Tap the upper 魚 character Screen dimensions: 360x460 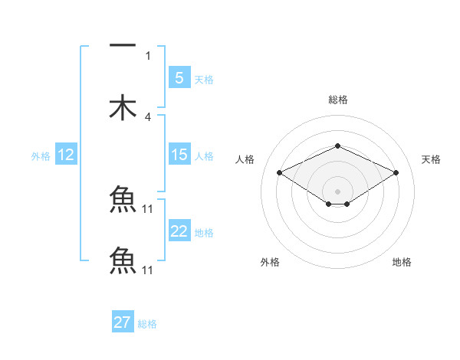pyautogui.click(x=123, y=200)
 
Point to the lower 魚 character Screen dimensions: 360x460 pyautogui.click(x=123, y=260)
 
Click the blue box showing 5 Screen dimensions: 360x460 pyautogui.click(x=179, y=77)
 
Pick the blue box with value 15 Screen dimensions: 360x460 pyautogui.click(x=179, y=155)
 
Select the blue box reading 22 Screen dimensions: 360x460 pyautogui.click(x=179, y=231)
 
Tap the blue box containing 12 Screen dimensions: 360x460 pyautogui.click(x=66, y=155)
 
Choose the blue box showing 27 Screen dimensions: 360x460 pyautogui.click(x=123, y=322)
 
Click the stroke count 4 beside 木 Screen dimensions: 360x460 pyautogui.click(x=148, y=117)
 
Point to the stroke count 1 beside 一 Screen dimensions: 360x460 pyautogui.click(x=148, y=56)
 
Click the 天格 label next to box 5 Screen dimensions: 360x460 pyautogui.click(x=204, y=80)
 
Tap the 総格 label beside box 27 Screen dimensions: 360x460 pyautogui.click(x=147, y=324)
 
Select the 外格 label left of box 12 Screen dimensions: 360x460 pyautogui.click(x=41, y=156)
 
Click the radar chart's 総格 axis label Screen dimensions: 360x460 pyautogui.click(x=337, y=100)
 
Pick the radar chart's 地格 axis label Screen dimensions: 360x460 pyautogui.click(x=402, y=262)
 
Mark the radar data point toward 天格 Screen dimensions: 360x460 pyautogui.click(x=396, y=173)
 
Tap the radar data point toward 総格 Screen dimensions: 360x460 pyautogui.click(x=337, y=146)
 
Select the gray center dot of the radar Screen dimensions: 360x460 pyautogui.click(x=337, y=191)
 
